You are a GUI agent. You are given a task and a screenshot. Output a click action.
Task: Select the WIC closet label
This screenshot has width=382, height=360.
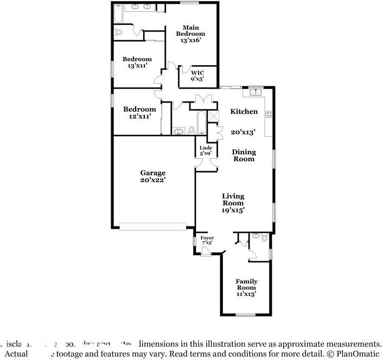coord(196,72)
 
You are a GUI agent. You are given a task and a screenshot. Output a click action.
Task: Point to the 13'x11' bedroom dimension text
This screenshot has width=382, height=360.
coord(138,66)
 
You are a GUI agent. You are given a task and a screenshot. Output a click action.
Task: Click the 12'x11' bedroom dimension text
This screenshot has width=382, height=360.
coord(139,116)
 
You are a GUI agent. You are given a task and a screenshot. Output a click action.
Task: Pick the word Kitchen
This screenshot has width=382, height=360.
coord(244,111)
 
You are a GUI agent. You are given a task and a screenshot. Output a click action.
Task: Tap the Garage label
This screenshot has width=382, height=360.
coord(152,173)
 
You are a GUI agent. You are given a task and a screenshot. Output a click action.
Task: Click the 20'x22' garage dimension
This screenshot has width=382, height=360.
coord(152,180)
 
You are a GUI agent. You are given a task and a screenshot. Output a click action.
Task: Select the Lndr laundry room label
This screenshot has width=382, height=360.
coord(205,147)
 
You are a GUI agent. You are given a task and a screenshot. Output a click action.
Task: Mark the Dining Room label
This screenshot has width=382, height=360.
coord(244,155)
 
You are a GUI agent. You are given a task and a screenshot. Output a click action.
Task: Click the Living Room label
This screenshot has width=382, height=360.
coord(233,199)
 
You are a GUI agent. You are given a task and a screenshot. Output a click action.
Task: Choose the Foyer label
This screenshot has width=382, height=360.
coord(207,238)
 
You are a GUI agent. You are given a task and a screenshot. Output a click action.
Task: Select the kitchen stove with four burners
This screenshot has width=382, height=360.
coord(268,114)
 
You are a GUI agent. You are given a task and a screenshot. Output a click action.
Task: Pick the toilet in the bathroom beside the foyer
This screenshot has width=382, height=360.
coord(264,238)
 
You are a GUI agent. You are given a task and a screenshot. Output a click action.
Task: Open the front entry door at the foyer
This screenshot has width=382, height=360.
coord(208,250)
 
